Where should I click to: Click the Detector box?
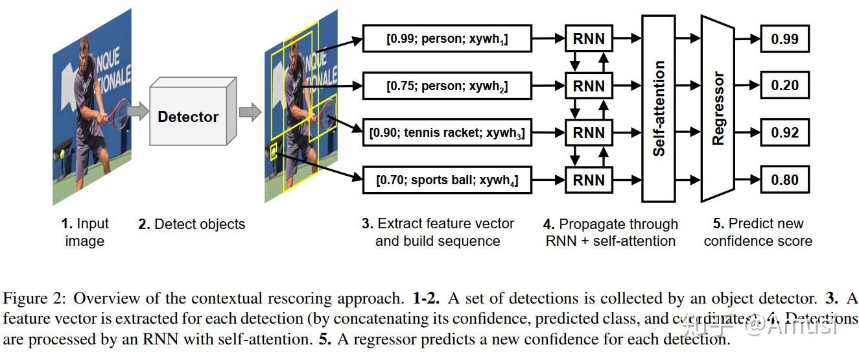tap(188, 117)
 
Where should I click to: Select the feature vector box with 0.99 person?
tap(447, 39)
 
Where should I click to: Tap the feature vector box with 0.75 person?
tap(447, 86)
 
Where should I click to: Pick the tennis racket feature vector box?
tap(447, 134)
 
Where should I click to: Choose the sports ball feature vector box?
tap(447, 180)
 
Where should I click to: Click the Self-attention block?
tap(659, 108)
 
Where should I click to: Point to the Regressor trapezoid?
tap(718, 108)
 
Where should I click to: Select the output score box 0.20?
tap(784, 86)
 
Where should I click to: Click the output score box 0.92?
tap(784, 133)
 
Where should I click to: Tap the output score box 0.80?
tap(784, 180)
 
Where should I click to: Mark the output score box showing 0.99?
tap(784, 39)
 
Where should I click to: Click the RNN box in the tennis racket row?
tap(589, 133)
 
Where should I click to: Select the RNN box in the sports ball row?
tap(589, 180)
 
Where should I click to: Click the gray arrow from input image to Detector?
tap(137, 111)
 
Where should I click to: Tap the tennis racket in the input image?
tap(119, 114)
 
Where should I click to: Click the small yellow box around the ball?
tap(273, 153)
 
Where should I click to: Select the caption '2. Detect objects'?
tap(192, 224)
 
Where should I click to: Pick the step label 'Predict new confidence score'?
tap(758, 232)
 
